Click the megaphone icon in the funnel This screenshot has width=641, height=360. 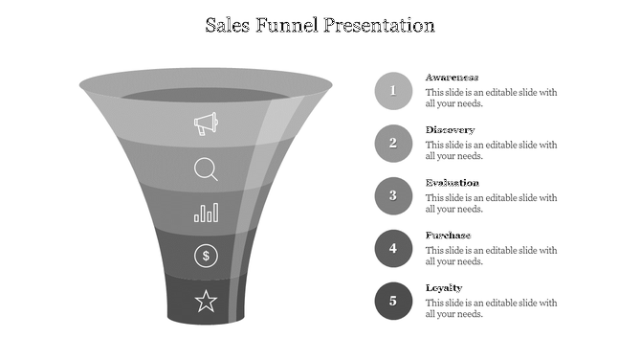206,124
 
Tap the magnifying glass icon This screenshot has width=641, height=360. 206,169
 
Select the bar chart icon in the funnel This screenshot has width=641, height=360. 206,212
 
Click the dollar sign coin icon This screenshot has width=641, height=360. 206,256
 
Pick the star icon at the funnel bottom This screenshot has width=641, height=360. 206,303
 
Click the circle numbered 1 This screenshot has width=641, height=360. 393,91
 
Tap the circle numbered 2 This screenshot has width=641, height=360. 393,144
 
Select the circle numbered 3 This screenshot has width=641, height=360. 393,196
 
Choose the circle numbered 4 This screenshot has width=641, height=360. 393,249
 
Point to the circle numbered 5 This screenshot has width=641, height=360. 393,302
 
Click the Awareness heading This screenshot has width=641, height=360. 453,78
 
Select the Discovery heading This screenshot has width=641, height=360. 450,130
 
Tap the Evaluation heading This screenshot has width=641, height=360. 453,183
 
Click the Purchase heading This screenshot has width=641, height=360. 449,236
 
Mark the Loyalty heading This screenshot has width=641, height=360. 444,288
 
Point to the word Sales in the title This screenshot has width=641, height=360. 230,25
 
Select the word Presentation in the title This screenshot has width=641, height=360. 379,25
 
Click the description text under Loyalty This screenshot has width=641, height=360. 491,308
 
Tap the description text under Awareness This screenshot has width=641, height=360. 491,98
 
